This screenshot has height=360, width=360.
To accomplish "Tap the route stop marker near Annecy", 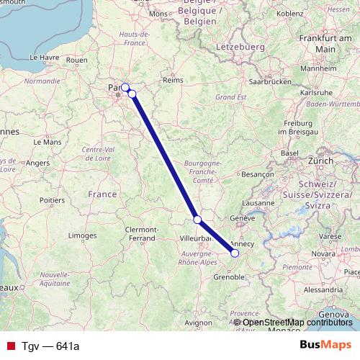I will [235, 253].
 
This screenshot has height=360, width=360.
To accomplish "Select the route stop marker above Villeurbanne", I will [197, 220].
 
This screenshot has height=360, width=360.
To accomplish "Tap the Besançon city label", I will [258, 174].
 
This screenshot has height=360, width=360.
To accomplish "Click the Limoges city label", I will [83, 235].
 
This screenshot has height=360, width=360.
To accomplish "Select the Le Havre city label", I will [42, 57].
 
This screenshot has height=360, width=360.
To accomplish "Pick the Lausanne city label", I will [264, 203].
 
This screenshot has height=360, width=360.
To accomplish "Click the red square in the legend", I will [11, 346].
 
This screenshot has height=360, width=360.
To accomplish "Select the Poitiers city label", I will [52, 199].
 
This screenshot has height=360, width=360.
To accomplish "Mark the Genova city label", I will [333, 315].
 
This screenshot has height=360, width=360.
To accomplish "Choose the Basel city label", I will [289, 153].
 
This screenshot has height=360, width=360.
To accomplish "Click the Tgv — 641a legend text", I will [50, 346].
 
